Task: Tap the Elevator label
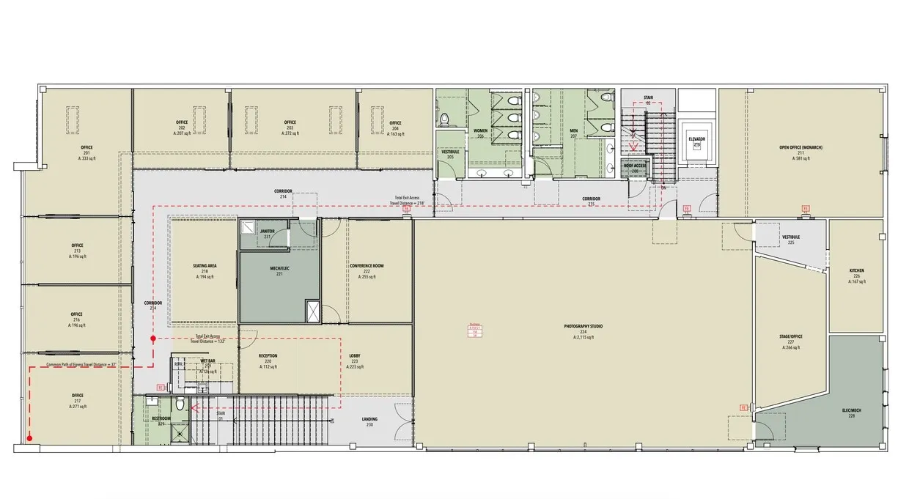coord(696,139)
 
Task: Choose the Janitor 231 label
coord(267,233)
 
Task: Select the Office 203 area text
coord(290,134)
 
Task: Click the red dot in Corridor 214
coord(152,339)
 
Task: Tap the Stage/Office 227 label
coord(791,342)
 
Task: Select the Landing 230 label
coord(369,421)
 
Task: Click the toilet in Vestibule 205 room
coord(444,119)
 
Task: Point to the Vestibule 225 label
coord(791,240)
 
